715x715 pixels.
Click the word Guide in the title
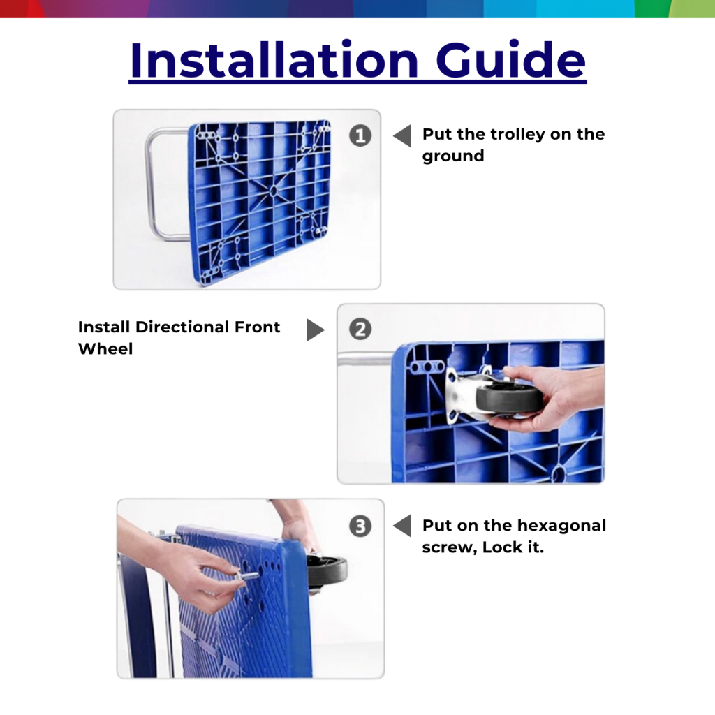click(510, 60)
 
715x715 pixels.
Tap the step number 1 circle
click(360, 135)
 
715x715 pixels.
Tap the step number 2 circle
click(360, 330)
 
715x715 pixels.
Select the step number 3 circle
click(360, 526)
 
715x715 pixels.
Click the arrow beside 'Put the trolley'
click(402, 136)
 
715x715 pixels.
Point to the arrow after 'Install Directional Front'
click(315, 330)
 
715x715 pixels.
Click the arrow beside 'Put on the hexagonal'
click(402, 526)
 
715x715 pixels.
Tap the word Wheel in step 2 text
click(105, 349)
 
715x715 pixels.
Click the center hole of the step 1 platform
click(273, 191)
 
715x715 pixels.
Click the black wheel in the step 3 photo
click(327, 573)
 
